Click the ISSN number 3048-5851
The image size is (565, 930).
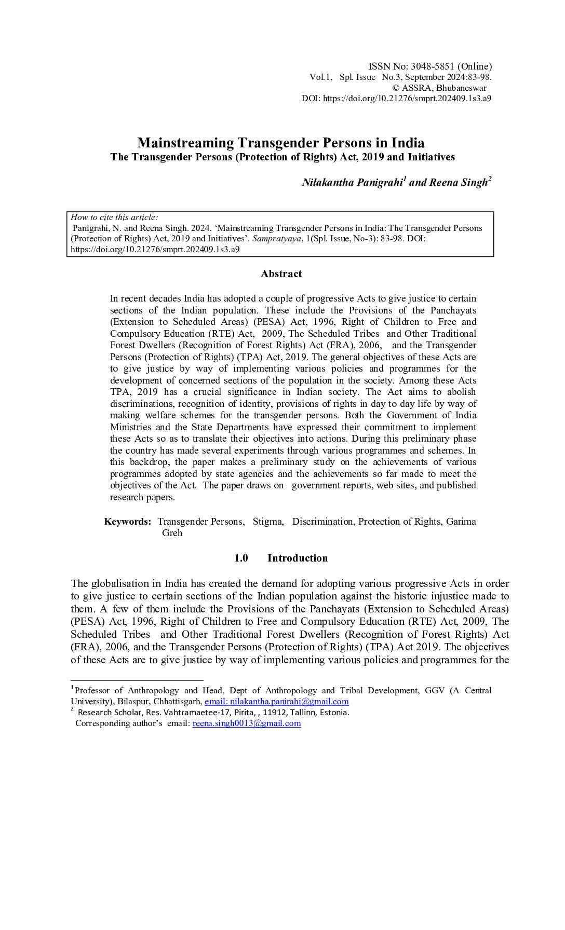click(433, 66)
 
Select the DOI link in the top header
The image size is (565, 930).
click(407, 99)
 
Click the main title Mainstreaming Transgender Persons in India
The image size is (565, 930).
click(280, 143)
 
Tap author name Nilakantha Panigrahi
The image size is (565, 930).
click(353, 183)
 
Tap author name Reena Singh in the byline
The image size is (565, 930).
click(458, 183)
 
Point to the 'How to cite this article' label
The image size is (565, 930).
click(114, 217)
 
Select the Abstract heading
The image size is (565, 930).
click(281, 274)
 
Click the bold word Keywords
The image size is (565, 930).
click(127, 522)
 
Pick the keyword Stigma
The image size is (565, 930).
click(268, 522)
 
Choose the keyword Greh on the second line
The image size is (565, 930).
click(172, 533)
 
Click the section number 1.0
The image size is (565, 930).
click(241, 558)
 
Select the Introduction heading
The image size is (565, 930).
click(298, 558)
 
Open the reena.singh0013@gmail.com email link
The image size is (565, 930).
click(247, 723)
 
